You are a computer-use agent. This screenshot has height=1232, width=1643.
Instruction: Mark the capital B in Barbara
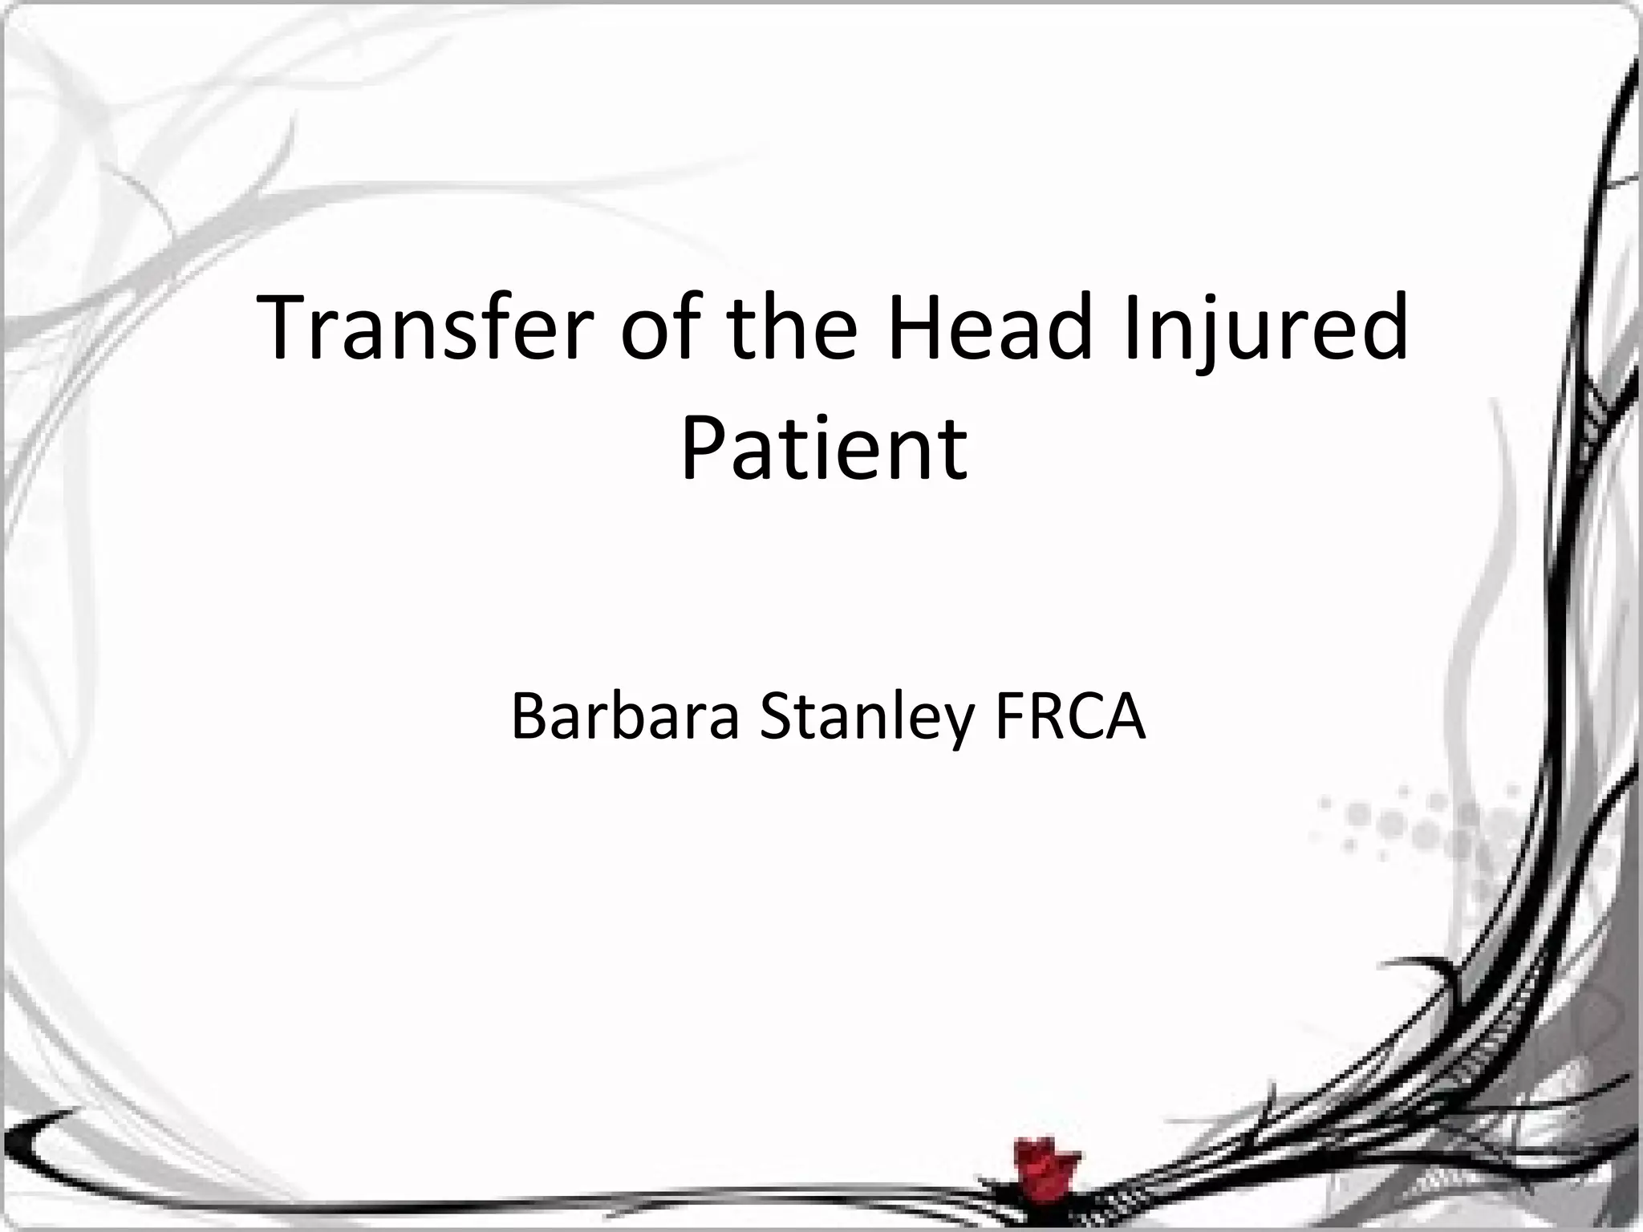[529, 716]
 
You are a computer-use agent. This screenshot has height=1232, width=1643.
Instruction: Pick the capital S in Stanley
[776, 716]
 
